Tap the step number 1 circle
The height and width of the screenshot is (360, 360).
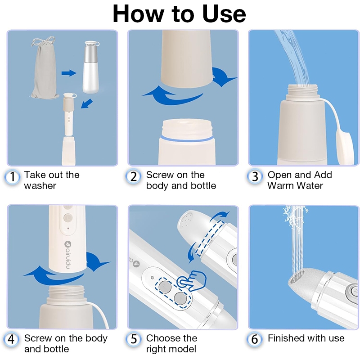click(x=12, y=177)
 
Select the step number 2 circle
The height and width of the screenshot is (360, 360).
click(x=133, y=177)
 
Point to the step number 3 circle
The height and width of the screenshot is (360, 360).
click(x=255, y=177)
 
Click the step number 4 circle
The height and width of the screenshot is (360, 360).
click(x=11, y=339)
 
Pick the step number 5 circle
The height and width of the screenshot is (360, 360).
click(x=133, y=339)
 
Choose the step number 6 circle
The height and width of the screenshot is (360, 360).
click(x=254, y=339)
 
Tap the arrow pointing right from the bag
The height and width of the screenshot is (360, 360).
click(x=69, y=73)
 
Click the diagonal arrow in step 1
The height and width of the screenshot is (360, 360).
click(x=87, y=103)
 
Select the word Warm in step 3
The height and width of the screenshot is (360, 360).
click(x=283, y=185)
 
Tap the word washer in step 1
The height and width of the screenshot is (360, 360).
click(x=40, y=186)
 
